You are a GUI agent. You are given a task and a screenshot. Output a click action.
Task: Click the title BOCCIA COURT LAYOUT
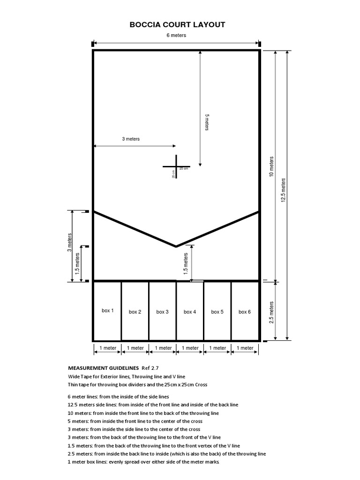(177, 25)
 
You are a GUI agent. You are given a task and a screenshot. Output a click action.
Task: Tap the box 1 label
(108, 310)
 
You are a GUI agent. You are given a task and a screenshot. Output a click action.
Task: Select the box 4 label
(190, 312)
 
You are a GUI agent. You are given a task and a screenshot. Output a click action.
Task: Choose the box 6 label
(245, 312)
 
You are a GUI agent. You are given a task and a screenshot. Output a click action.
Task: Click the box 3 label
(163, 312)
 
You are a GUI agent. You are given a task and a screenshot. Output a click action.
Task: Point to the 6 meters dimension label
(176, 36)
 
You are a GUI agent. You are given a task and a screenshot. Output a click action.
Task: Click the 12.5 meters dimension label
(283, 190)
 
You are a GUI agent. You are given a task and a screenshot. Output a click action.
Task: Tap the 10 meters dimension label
(271, 166)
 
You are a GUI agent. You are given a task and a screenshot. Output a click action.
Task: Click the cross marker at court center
(177, 166)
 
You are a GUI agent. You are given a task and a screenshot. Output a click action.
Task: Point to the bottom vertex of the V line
(176, 246)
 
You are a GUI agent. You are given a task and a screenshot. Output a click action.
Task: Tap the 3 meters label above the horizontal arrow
(131, 139)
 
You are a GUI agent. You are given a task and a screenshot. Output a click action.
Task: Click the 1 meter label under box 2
(135, 348)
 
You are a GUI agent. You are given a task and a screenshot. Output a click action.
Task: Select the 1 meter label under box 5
(217, 348)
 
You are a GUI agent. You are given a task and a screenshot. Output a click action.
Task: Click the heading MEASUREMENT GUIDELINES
(97, 368)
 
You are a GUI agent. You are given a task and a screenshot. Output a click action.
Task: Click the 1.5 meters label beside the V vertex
(186, 263)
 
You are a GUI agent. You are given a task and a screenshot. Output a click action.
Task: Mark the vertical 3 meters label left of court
(70, 242)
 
